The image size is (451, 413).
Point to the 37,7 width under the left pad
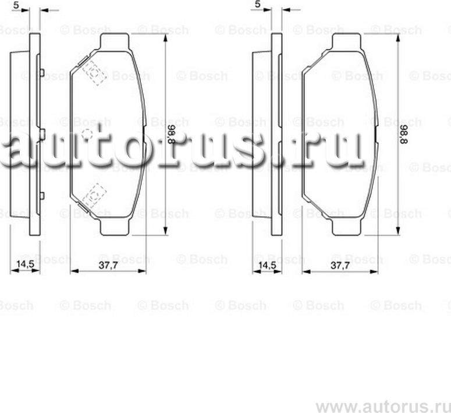coord(104,265)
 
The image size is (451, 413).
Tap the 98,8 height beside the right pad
coord(403,135)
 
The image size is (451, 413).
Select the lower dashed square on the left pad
coord(93,195)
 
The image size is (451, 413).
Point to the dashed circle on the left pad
coord(88,134)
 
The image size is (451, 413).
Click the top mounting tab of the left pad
coord(115,41)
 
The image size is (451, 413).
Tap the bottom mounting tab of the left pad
coord(115,228)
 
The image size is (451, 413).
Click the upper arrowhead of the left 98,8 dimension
coord(165,36)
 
